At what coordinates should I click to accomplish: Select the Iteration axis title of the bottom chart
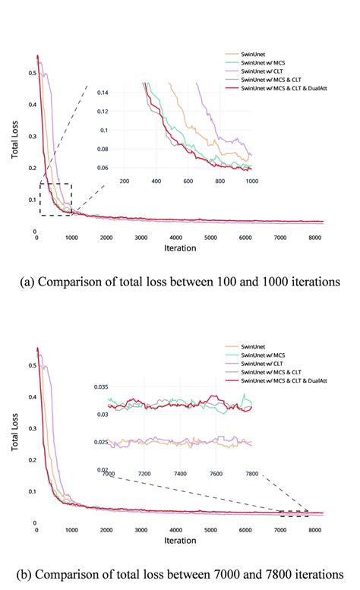pos(180,541)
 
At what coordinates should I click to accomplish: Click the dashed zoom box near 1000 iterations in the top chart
pos(55,200)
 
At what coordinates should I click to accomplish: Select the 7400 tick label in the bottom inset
pos(179,474)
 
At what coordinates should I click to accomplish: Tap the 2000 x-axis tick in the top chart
pos(106,238)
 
